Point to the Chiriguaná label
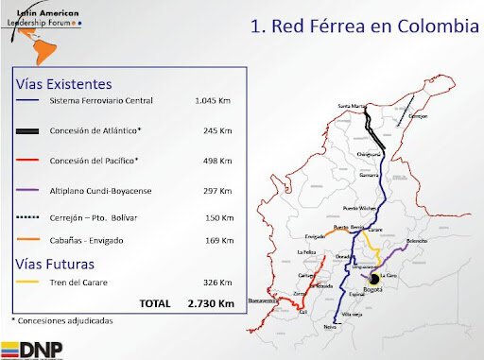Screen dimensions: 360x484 click(368, 153)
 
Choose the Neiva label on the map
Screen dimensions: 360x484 click(329, 326)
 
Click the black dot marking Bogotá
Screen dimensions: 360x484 click(374, 280)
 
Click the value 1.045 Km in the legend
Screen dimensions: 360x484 click(214, 100)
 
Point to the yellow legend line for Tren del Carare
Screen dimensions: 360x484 click(26, 281)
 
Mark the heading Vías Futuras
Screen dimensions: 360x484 click(57, 262)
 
